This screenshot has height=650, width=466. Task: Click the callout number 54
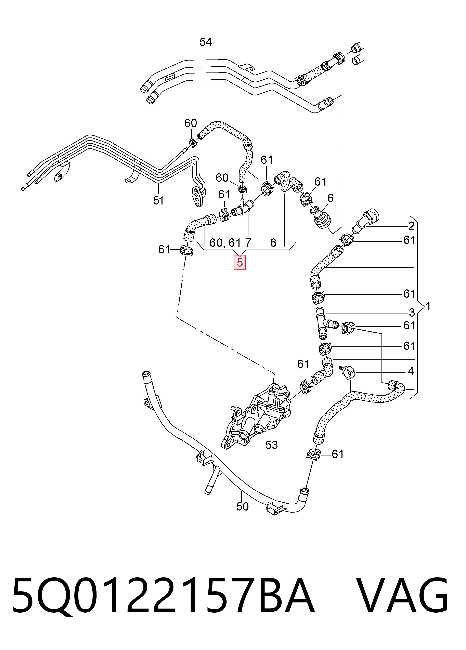pos(206,42)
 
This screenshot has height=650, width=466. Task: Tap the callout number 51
pos(158,200)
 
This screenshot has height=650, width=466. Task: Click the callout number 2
pos(411,226)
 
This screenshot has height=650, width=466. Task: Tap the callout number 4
pos(411,371)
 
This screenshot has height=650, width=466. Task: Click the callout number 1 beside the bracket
pos(428,307)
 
